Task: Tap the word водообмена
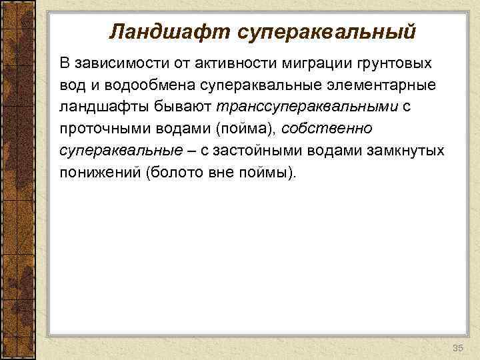pyautogui.click(x=138, y=85)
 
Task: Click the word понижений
pyautogui.click(x=99, y=173)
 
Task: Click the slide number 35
pyautogui.click(x=458, y=348)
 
